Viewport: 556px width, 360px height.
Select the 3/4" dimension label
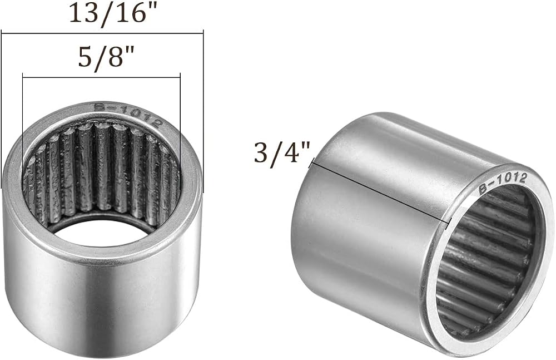282,152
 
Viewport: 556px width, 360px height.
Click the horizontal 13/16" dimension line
102,34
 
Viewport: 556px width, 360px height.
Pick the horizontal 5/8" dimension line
101,77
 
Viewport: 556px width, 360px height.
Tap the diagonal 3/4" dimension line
380,193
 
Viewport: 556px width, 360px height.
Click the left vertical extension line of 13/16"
2,109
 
